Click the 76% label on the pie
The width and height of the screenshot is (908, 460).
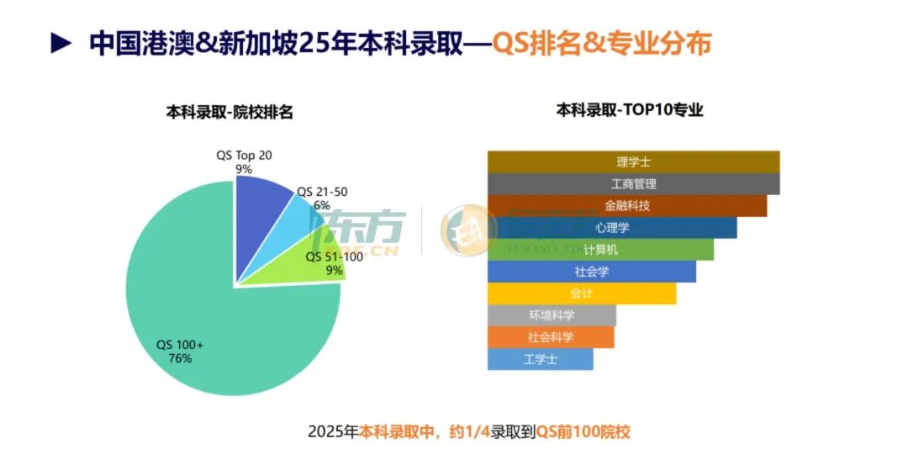point(180,359)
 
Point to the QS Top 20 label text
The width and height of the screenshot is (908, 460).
point(244,156)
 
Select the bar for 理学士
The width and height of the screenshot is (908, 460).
point(633,161)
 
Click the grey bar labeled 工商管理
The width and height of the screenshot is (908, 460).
point(633,183)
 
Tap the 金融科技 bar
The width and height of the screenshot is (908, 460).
point(626,205)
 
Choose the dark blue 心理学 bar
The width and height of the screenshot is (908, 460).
point(612,227)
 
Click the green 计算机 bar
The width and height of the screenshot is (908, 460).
point(600,250)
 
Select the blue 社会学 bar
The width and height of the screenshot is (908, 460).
point(592,272)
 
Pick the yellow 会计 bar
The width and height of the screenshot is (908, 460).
point(582,293)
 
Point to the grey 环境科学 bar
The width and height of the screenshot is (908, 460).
point(552,315)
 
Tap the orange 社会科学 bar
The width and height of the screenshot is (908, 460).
point(551,337)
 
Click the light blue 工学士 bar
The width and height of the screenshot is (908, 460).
point(540,359)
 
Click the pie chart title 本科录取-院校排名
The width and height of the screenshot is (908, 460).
point(229,112)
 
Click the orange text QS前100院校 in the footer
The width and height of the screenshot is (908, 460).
point(584,432)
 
